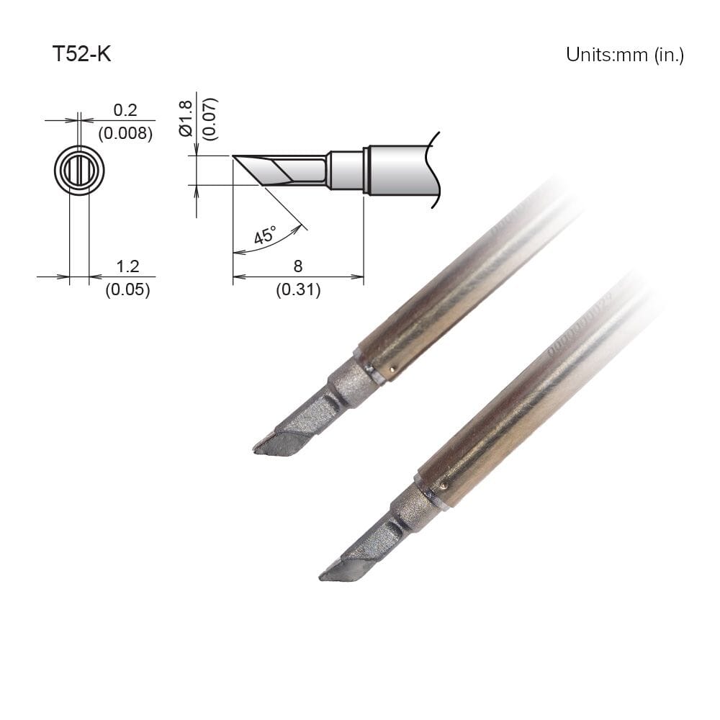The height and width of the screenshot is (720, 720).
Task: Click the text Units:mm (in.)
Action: [624, 55]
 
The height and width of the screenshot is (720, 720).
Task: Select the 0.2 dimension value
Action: [125, 109]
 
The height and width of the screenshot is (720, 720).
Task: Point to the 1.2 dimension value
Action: [127, 267]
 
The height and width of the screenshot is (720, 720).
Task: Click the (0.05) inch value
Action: [127, 290]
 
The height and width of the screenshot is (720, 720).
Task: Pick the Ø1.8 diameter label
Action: [185, 119]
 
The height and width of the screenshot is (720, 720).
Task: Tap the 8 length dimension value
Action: [298, 266]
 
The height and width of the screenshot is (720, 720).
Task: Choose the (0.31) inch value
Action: [298, 290]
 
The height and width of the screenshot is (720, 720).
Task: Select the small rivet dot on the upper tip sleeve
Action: [392, 370]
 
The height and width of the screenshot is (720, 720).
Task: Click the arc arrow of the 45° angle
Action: [274, 243]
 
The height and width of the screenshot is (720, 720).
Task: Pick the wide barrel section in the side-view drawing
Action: [400, 171]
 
